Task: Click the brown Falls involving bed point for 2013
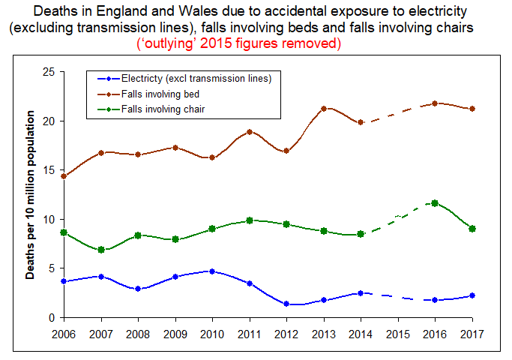click(x=324, y=109)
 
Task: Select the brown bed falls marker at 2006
click(x=64, y=176)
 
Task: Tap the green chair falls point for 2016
click(x=435, y=203)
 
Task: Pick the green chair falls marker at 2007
click(x=101, y=250)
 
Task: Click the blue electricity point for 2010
click(x=212, y=271)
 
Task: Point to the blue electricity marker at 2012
click(x=286, y=304)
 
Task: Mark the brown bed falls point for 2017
click(x=472, y=109)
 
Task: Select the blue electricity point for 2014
click(x=361, y=293)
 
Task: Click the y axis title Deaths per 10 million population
click(x=31, y=194)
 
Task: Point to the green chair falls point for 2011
click(x=250, y=220)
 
